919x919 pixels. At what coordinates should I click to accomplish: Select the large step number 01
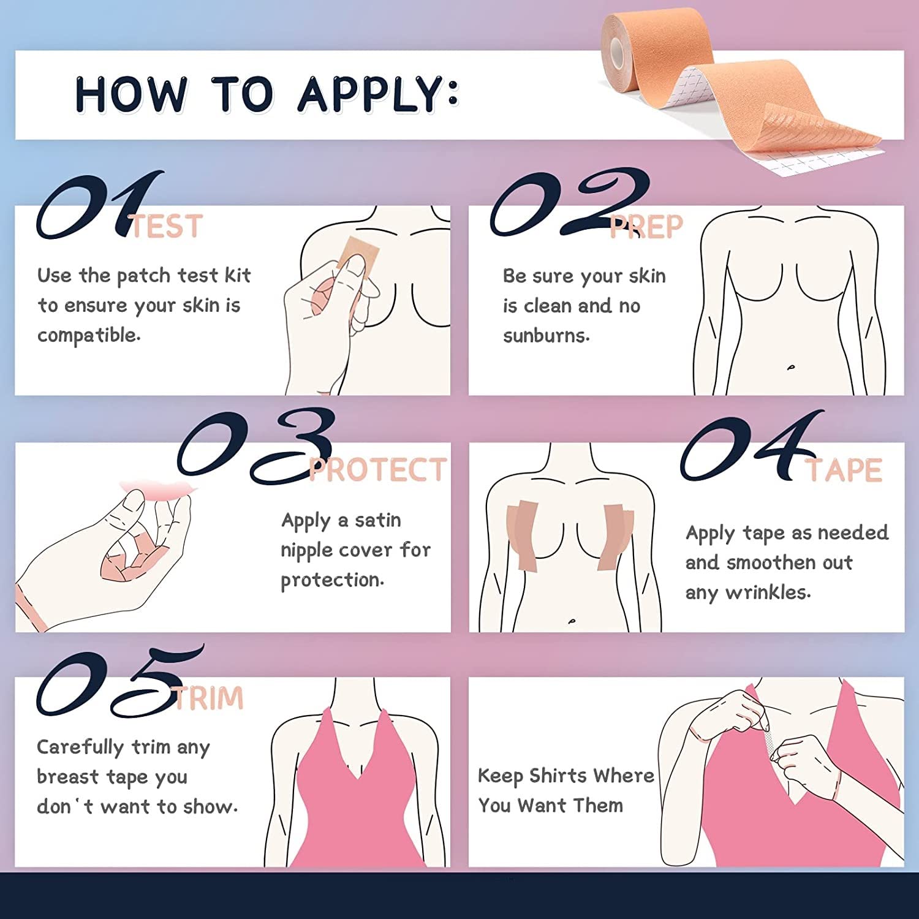pyautogui.click(x=98, y=205)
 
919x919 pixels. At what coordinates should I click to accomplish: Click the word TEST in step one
pyautogui.click(x=167, y=227)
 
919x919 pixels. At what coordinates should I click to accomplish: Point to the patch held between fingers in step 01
pyautogui.click(x=354, y=254)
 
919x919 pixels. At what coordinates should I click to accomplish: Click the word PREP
pyautogui.click(x=646, y=227)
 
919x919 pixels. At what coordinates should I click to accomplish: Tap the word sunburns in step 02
pyautogui.click(x=546, y=336)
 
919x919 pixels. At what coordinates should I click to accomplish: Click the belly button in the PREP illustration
pyautogui.click(x=791, y=368)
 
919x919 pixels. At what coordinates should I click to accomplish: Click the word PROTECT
pyautogui.click(x=378, y=471)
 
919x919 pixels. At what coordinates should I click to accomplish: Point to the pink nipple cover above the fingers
pyautogui.click(x=158, y=488)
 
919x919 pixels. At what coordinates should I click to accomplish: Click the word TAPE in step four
pyautogui.click(x=844, y=471)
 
